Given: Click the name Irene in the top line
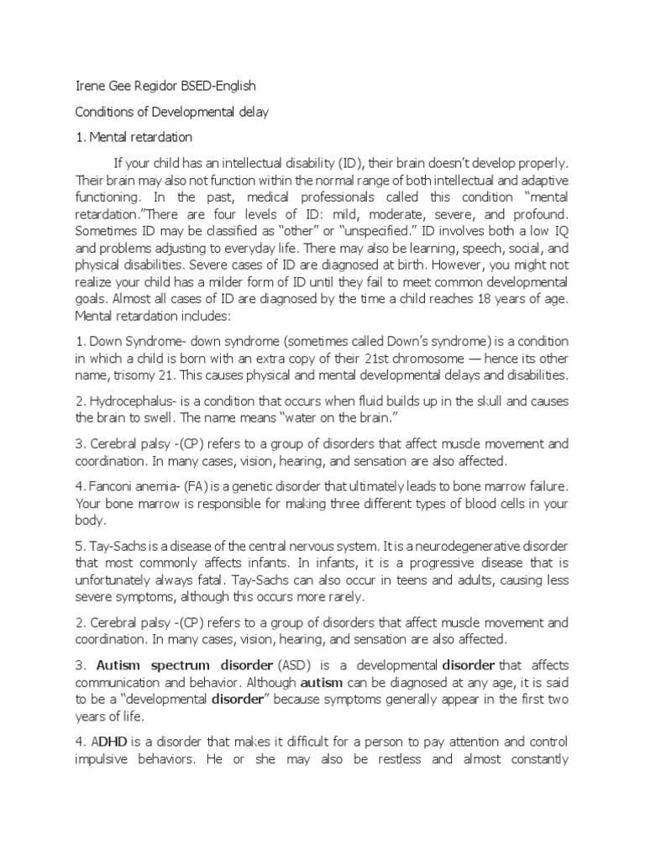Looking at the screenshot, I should (91, 87).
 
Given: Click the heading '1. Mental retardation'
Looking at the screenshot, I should (134, 136).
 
